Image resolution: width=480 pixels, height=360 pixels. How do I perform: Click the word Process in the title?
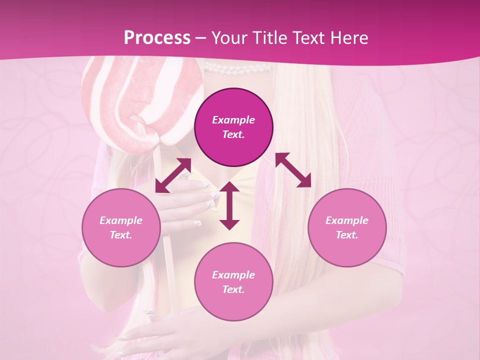[157, 38]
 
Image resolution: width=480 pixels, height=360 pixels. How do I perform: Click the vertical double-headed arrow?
[229, 205]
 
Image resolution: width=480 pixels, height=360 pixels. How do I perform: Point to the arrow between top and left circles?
[173, 175]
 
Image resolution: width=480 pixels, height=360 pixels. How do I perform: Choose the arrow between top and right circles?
[293, 170]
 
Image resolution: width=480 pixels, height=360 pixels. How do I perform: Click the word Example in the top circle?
[233, 120]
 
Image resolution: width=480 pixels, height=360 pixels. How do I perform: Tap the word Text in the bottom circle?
[233, 289]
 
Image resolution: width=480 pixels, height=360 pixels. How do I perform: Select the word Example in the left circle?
[121, 220]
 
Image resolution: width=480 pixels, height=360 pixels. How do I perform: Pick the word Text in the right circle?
[346, 235]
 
